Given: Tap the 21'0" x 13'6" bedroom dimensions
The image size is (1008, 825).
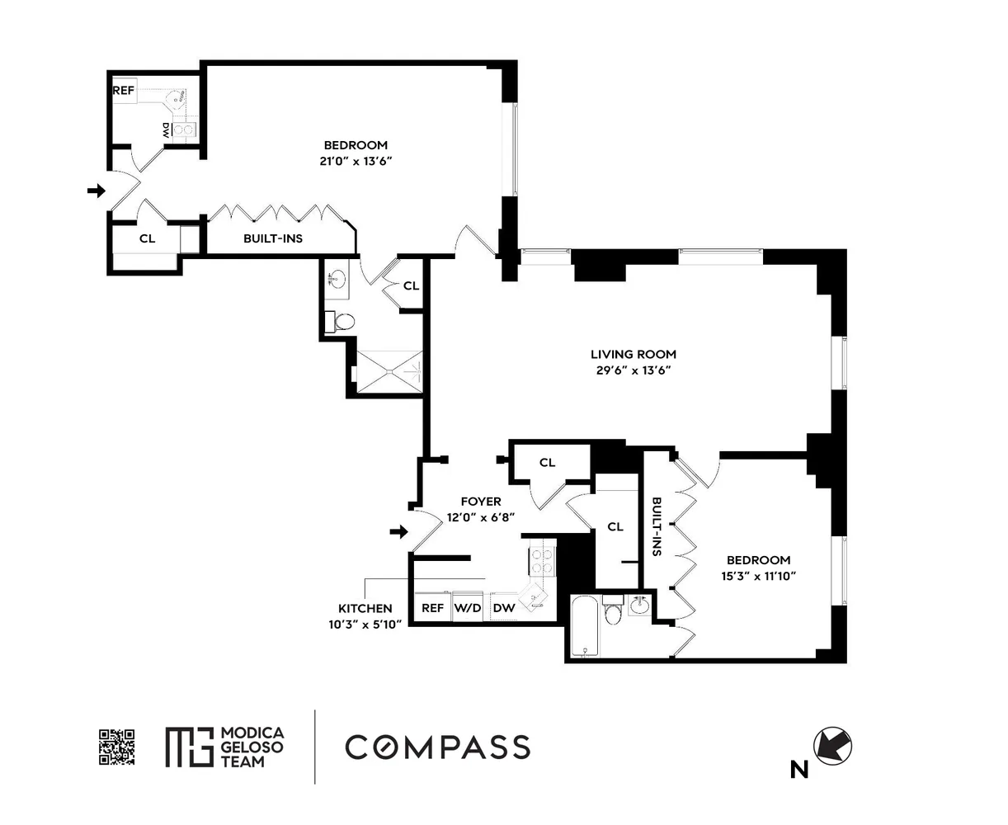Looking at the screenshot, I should click(355, 162).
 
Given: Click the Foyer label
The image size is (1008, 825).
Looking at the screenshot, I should click(480, 502).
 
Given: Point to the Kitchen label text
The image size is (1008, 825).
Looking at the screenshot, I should click(365, 608).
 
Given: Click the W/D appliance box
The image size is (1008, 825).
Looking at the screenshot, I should click(468, 608).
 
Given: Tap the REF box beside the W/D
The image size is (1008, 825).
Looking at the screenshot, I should click(432, 608).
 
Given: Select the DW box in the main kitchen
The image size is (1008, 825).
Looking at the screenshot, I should click(503, 608).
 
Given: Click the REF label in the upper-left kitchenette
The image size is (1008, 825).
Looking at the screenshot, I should click(124, 91).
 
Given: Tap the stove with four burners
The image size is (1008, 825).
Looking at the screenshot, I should click(542, 560).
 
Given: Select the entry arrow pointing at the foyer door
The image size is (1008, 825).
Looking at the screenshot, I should click(398, 532).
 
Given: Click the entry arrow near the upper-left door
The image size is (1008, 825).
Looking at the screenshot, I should click(97, 191).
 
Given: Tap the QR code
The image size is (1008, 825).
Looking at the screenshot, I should click(116, 747).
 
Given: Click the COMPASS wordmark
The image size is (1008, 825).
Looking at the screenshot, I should click(437, 747).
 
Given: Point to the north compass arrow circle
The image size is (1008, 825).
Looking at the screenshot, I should click(833, 747).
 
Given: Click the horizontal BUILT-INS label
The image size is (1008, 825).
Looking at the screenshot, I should click(272, 239).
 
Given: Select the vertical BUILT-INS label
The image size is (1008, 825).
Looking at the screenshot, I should click(657, 527).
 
